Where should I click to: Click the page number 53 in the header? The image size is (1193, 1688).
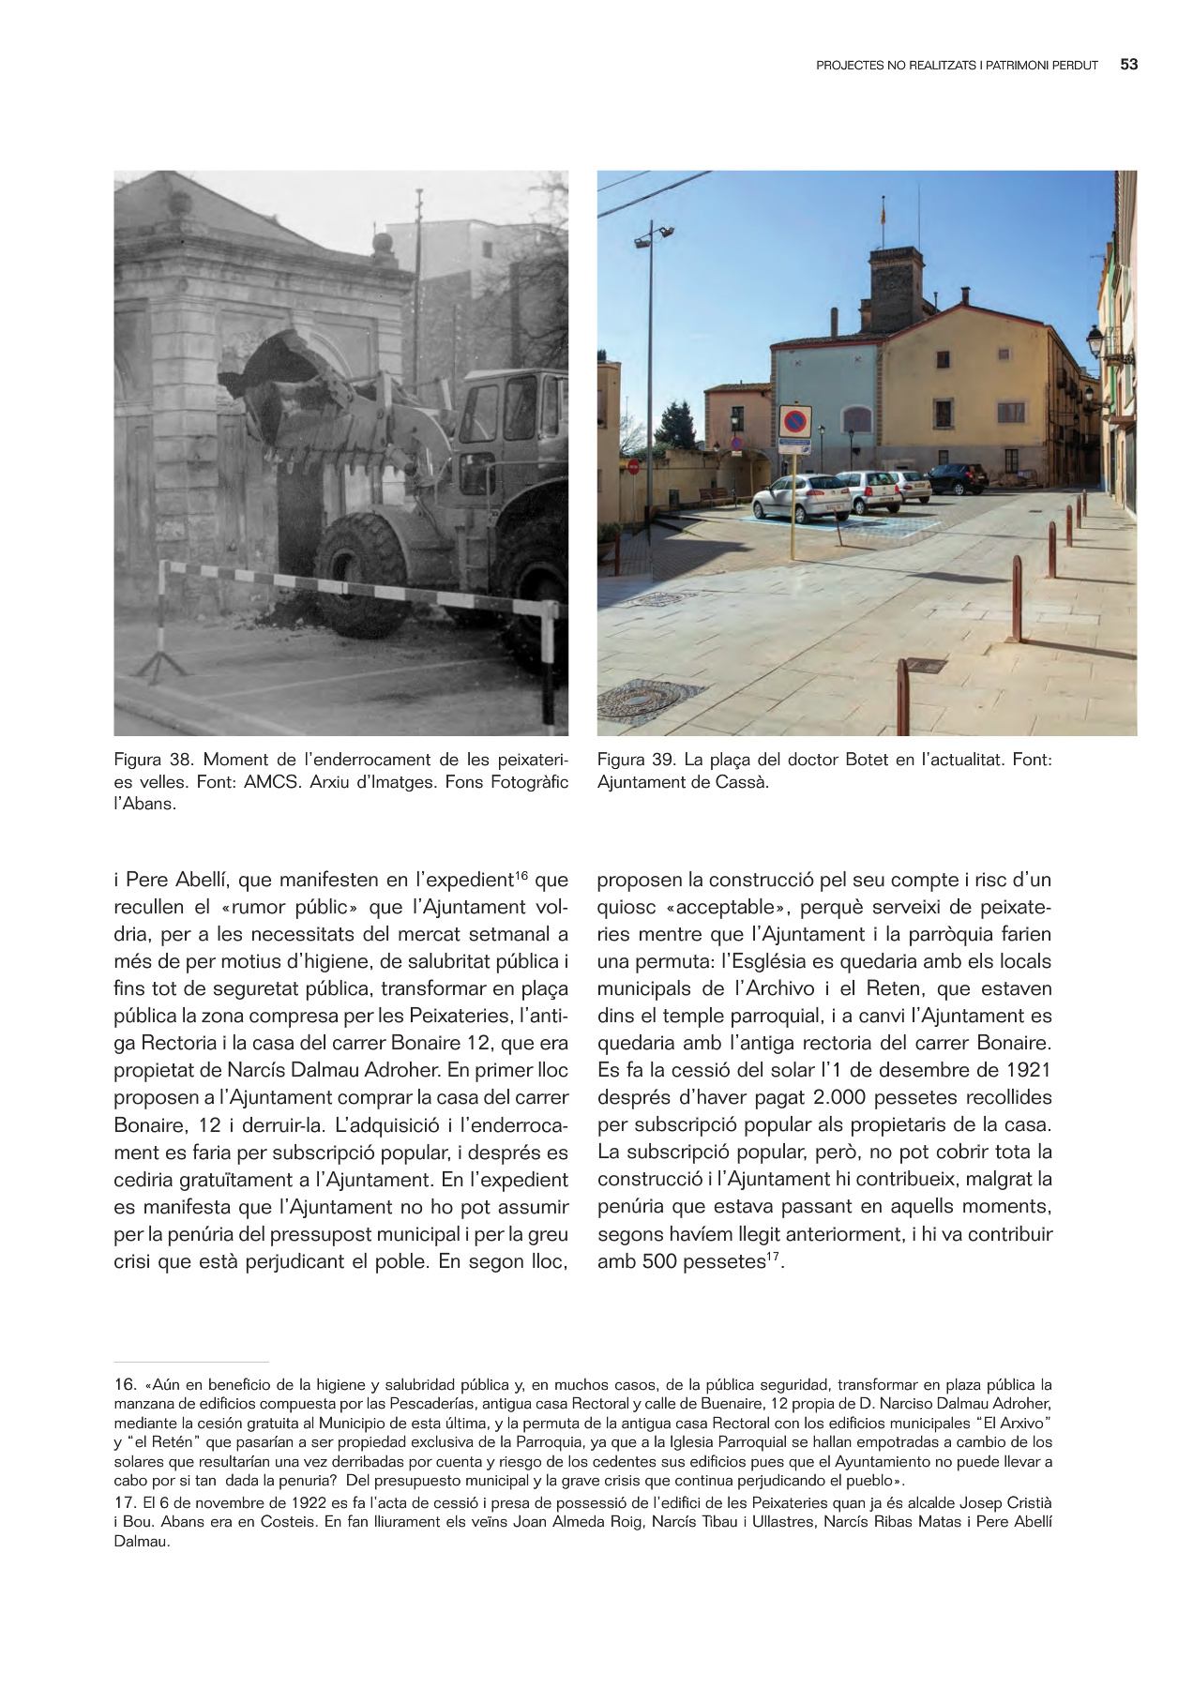click(x=1128, y=65)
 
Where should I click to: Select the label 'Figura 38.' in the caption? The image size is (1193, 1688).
click(x=153, y=760)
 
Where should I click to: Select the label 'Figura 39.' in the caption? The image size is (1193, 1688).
click(x=636, y=760)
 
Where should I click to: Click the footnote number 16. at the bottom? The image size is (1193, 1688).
click(x=125, y=1385)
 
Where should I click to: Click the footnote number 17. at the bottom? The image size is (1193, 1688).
click(x=125, y=1501)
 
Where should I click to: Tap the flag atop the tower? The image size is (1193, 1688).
click(x=882, y=212)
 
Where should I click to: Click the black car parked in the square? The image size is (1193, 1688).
click(x=958, y=478)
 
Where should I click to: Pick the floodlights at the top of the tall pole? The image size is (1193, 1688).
click(x=654, y=234)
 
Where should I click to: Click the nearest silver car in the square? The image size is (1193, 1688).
click(x=800, y=497)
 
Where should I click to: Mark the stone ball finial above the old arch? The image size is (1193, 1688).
click(x=380, y=244)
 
